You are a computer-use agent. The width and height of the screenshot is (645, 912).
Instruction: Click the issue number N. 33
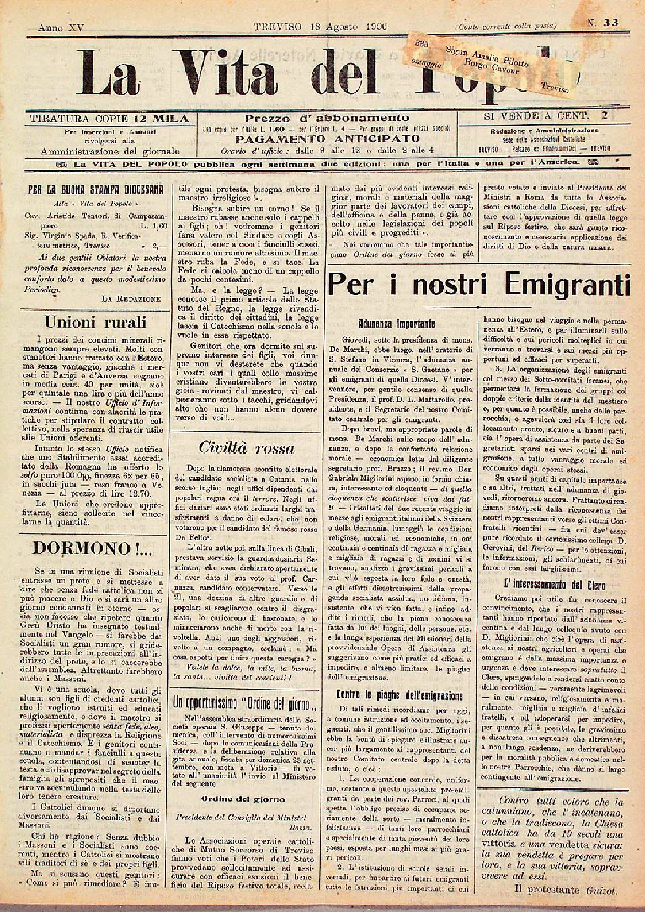[602, 23]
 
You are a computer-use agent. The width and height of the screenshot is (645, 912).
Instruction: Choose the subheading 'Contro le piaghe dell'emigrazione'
[399, 695]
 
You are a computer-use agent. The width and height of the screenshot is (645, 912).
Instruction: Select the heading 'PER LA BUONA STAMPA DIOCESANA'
[95, 189]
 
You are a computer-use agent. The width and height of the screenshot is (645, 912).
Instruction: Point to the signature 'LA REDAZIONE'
[131, 298]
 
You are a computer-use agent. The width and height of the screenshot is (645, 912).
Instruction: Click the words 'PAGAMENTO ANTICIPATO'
[327, 138]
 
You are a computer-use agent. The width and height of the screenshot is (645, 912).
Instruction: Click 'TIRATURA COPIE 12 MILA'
[109, 118]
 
